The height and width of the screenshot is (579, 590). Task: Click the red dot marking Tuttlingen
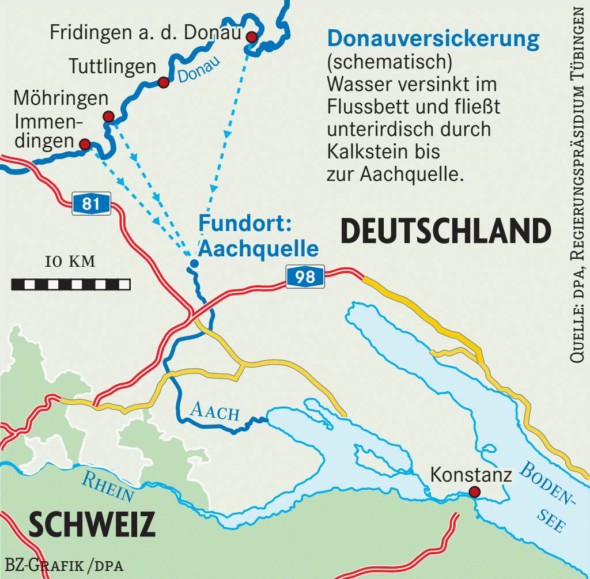[163, 82]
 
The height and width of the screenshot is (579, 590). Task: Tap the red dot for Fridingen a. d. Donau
[251, 37]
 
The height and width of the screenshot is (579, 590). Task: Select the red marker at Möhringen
[108, 116]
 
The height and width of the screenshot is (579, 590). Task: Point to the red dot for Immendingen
[85, 144]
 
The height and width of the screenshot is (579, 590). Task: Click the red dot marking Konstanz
[474, 492]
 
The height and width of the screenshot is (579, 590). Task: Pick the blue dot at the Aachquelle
[194, 264]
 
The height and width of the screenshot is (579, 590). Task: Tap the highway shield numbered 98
[305, 277]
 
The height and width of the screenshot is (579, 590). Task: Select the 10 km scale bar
[70, 284]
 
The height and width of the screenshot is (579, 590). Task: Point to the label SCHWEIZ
[92, 524]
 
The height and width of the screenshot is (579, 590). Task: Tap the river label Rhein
[108, 486]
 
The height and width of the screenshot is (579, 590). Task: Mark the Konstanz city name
[471, 475]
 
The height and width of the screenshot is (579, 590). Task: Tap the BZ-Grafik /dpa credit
[65, 564]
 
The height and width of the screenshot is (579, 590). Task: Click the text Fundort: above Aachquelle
[240, 223]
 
